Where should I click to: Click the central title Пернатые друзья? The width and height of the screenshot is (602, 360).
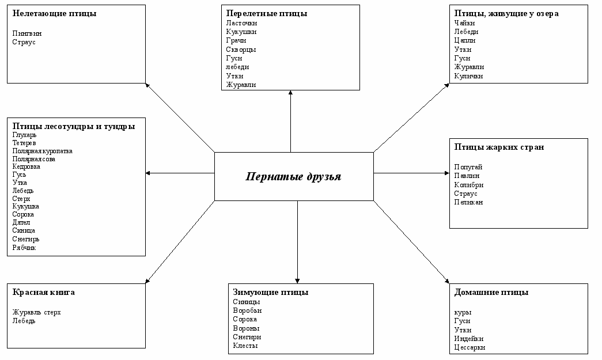click(x=293, y=176)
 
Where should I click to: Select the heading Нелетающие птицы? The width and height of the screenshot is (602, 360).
click(x=54, y=13)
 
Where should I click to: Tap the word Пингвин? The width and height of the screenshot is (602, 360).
click(x=27, y=33)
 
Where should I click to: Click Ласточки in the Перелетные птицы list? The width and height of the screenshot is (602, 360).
click(x=241, y=22)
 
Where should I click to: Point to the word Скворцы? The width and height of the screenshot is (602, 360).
click(x=241, y=50)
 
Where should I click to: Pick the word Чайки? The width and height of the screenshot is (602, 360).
click(x=464, y=22)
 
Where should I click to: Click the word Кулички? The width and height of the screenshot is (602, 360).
click(x=468, y=76)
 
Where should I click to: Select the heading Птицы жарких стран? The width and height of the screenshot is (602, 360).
click(x=499, y=147)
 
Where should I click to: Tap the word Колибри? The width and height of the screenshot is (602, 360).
click(x=469, y=185)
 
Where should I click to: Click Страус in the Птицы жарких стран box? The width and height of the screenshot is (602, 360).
click(x=466, y=194)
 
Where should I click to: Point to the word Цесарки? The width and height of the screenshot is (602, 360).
click(x=470, y=347)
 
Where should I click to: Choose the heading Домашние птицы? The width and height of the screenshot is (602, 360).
click(x=491, y=292)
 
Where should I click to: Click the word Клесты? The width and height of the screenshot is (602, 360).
click(x=245, y=346)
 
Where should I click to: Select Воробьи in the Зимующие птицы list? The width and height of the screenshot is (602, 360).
click(x=247, y=310)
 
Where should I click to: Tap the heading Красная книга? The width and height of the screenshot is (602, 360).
click(x=44, y=292)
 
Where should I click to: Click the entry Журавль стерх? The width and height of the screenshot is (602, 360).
click(x=37, y=312)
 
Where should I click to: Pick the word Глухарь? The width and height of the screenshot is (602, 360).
click(x=24, y=135)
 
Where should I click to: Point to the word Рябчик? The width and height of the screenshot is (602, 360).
click(x=24, y=248)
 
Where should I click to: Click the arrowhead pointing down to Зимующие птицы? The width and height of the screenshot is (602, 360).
click(x=297, y=280)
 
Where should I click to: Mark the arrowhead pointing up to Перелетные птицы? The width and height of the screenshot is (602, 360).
click(x=290, y=93)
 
